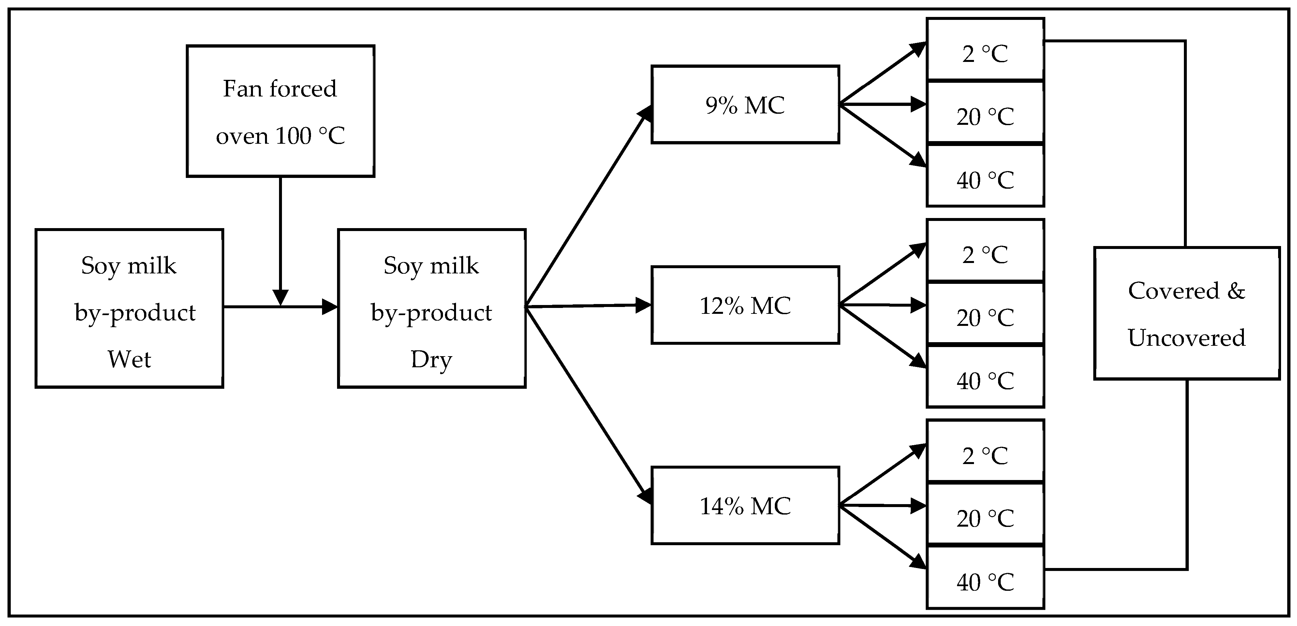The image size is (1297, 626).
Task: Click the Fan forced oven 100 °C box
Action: [x=280, y=111]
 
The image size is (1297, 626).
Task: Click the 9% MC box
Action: [x=745, y=105]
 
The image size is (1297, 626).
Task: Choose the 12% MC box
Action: [x=745, y=305]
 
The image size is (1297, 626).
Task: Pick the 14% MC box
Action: [x=745, y=505]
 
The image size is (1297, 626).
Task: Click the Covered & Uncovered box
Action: [x=1187, y=313]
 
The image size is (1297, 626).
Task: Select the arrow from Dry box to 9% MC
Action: [x=587, y=209]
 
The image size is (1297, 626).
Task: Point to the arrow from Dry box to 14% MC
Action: [x=587, y=405]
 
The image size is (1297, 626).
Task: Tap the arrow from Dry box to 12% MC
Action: [x=587, y=305]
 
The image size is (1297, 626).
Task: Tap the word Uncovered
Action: [x=1187, y=338]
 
